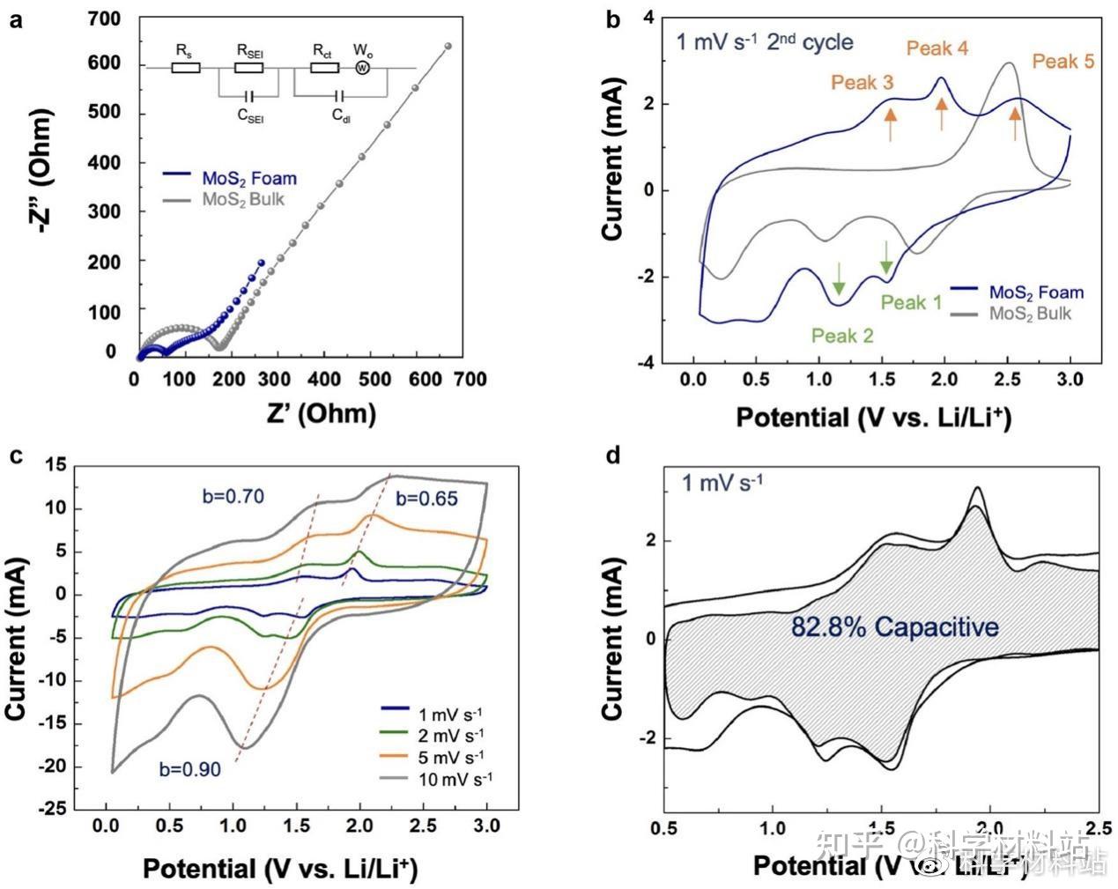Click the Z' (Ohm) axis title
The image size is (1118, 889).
point(310,413)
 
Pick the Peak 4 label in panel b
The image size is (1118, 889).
point(937,48)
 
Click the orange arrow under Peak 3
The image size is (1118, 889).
point(890,123)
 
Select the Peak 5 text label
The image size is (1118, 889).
point(1063,61)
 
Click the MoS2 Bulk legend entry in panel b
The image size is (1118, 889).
point(1030,313)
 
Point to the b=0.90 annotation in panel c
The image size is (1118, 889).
point(189,769)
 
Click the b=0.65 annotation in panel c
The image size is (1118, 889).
point(426,499)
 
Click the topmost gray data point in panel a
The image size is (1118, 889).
point(448,46)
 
